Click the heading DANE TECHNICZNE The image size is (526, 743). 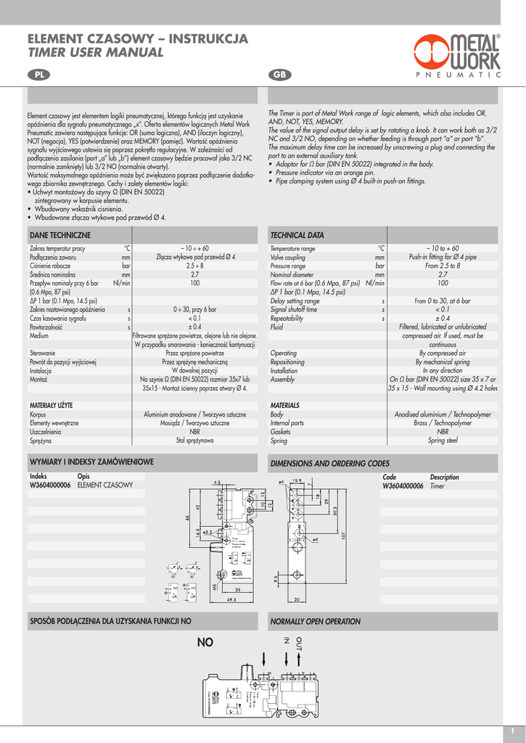[x=59, y=235]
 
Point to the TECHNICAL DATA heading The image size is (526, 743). [x=297, y=235]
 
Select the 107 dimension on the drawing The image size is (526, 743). [x=344, y=535]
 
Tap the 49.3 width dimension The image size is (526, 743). [x=232, y=600]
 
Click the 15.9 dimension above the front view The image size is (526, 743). [x=297, y=480]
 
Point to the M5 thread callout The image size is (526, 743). [x=215, y=586]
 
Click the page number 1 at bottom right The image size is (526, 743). [x=512, y=730]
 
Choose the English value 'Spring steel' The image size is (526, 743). [x=443, y=440]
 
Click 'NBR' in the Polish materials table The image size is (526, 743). [x=195, y=431]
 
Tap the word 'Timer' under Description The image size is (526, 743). [x=437, y=486]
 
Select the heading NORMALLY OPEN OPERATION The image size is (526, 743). [x=315, y=622]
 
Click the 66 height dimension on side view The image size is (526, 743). [x=187, y=517]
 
